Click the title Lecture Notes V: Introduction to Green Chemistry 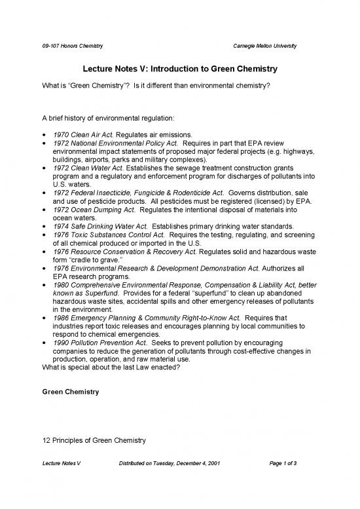[180, 69]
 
